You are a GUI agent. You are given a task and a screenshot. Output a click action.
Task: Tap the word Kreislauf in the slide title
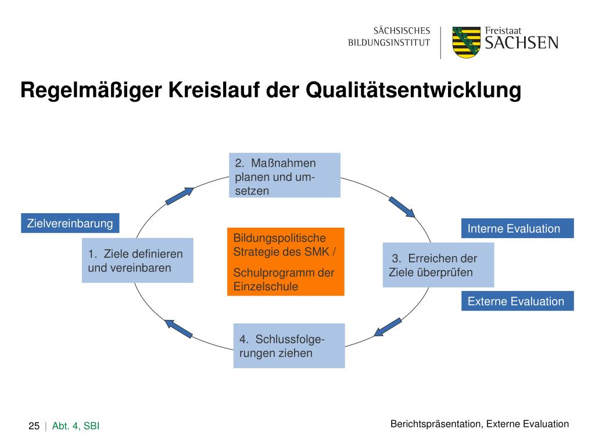pos(214,91)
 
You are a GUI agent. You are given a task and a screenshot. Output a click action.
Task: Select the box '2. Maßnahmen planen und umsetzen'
pos(284,175)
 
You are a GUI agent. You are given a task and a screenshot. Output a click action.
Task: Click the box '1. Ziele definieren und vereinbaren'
pos(137,260)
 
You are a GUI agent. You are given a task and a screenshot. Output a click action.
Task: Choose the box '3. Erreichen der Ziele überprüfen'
pos(438,265)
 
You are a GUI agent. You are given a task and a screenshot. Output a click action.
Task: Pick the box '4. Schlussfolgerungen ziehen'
pos(289,346)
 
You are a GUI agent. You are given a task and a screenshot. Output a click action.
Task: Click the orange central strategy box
pos(285,262)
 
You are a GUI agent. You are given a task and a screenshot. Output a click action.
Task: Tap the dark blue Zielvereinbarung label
pos(70,223)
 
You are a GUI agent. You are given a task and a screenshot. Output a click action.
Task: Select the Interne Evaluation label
pos(517,228)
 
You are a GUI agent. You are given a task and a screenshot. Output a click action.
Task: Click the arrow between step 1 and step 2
pos(180,196)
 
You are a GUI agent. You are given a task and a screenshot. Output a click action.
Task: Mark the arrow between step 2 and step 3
pos(402,207)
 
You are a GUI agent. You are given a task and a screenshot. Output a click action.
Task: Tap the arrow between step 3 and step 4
pos(388,326)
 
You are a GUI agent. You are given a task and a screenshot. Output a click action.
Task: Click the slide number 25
pos(34,427)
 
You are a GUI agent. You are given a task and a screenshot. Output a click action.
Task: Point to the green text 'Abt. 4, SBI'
pos(76,427)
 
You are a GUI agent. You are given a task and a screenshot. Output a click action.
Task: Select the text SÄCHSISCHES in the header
pos(402,30)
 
